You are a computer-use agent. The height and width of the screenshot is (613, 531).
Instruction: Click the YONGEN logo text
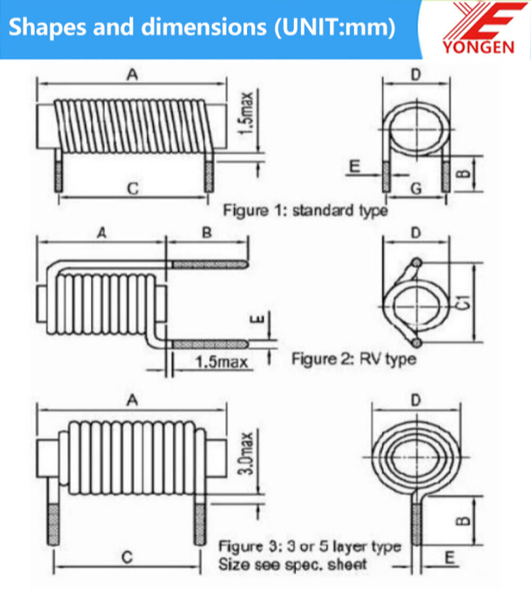[x=478, y=46]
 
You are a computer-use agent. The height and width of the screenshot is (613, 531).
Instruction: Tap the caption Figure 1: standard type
[x=305, y=211]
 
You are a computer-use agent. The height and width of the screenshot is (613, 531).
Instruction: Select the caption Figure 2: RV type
[x=354, y=359]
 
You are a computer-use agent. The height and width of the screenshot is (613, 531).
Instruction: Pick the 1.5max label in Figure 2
[x=221, y=363]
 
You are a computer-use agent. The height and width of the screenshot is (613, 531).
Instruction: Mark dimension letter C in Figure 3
[x=127, y=557]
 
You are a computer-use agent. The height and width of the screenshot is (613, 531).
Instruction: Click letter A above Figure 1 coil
[x=132, y=75]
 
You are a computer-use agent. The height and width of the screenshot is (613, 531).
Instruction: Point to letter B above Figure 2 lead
[x=207, y=232]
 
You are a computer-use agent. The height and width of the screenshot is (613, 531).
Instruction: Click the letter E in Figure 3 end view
[x=450, y=557]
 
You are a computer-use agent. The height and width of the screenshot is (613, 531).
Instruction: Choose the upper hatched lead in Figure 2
[x=209, y=264]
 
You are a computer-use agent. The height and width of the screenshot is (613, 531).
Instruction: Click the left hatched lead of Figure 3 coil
[x=54, y=524]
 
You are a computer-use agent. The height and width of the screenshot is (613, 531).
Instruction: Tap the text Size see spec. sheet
[x=292, y=564]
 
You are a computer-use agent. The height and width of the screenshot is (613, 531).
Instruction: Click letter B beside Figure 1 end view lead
[x=464, y=173]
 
